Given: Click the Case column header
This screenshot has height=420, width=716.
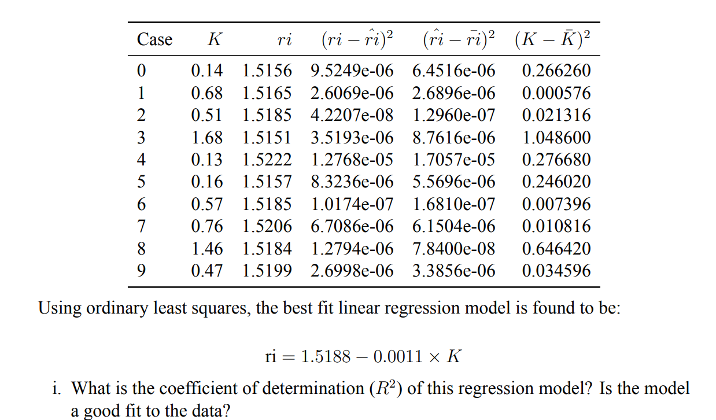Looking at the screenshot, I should [x=154, y=39].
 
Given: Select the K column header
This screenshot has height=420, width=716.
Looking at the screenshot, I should [x=215, y=39].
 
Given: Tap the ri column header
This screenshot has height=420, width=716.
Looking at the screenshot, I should [x=283, y=39].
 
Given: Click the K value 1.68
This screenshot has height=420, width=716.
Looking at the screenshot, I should [x=206, y=138].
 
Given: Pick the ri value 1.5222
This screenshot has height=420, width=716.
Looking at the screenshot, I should [x=267, y=160].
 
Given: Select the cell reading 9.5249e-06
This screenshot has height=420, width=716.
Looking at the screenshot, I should [x=352, y=71].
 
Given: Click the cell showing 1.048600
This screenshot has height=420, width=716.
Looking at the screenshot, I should [x=556, y=138].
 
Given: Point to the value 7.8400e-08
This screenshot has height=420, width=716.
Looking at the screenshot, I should [x=453, y=249].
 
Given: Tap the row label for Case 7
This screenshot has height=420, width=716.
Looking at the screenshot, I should [x=141, y=226].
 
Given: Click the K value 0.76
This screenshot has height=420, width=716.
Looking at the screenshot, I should [x=206, y=226].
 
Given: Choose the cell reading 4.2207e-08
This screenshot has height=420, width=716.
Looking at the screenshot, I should [x=352, y=115].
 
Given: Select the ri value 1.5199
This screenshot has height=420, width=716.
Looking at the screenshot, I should [x=267, y=271].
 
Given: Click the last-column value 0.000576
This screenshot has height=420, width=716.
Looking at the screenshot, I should [x=556, y=93].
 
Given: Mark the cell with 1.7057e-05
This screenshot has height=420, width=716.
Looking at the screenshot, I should [x=453, y=160].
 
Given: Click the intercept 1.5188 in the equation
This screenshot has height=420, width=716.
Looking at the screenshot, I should [x=326, y=356].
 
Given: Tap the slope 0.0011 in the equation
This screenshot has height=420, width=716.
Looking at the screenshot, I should [x=398, y=356].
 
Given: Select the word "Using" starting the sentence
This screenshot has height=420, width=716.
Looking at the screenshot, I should [x=60, y=308].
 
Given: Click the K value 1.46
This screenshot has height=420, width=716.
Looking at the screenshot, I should [x=206, y=249].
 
